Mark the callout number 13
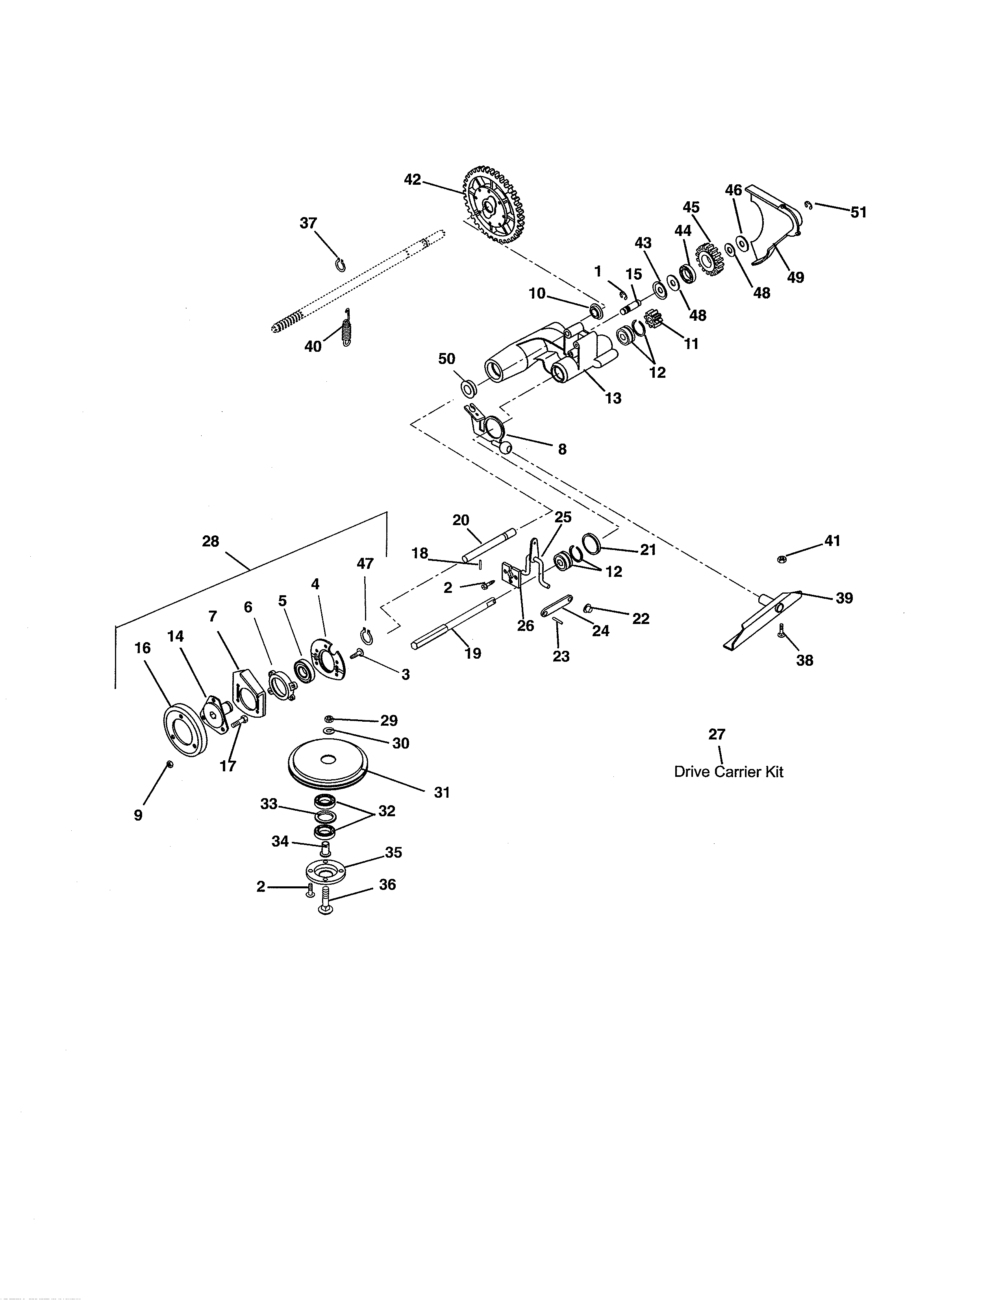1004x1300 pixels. [x=613, y=398]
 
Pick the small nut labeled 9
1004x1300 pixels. [x=170, y=764]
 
